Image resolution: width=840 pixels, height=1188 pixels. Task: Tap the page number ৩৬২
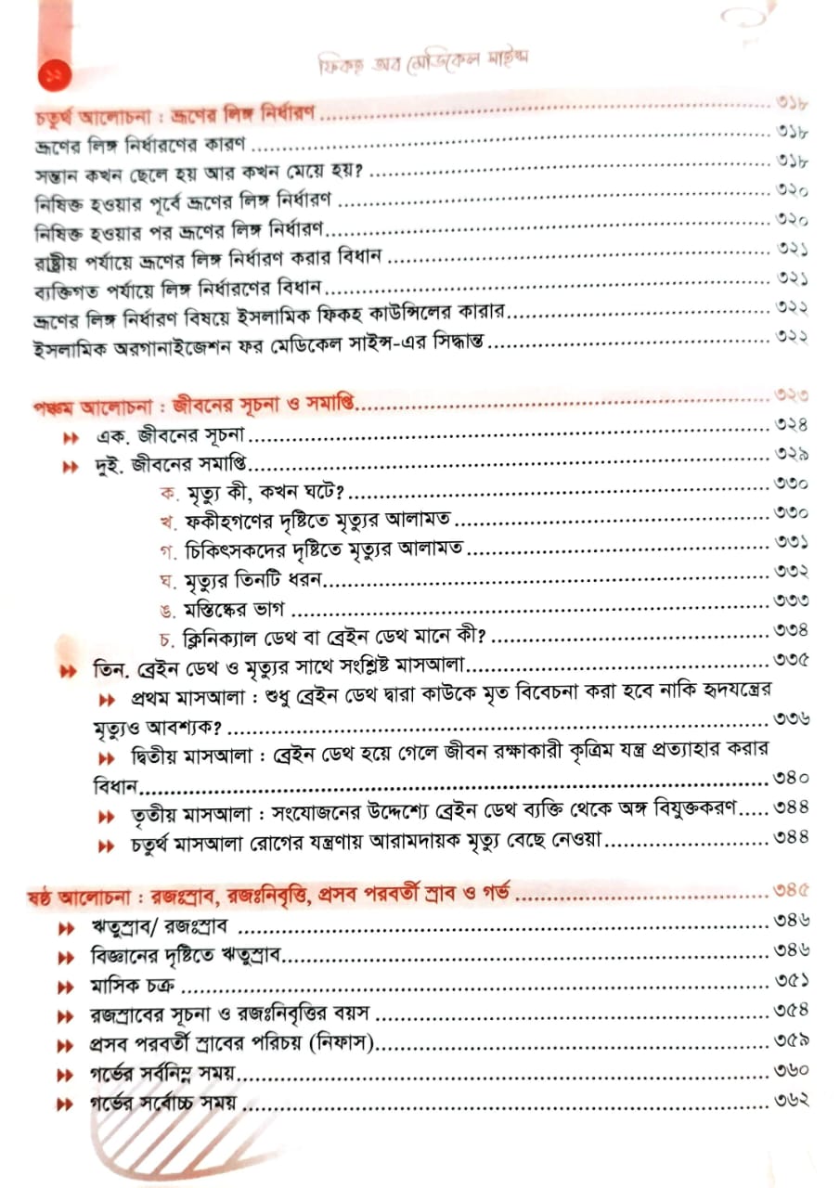(x=792, y=1101)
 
